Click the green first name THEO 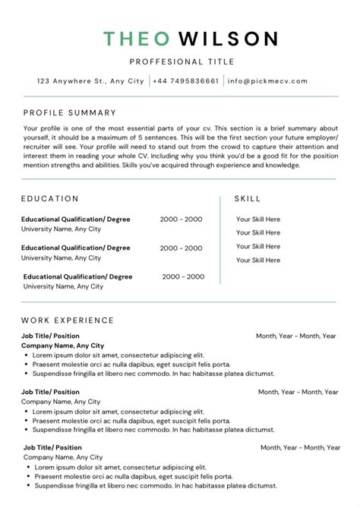pyautogui.click(x=131, y=38)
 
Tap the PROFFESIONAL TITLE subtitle pyautogui.click(x=182, y=62)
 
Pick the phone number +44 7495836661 pyautogui.click(x=187, y=81)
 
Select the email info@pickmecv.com pyautogui.click(x=268, y=81)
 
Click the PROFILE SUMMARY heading pyautogui.click(x=70, y=112)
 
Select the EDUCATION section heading pyautogui.click(x=50, y=199)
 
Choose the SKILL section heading pyautogui.click(x=248, y=199)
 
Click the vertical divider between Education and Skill pyautogui.click(x=220, y=240)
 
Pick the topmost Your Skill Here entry pyautogui.click(x=257, y=219)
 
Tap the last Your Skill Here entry pyautogui.click(x=257, y=260)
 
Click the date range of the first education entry pyautogui.click(x=181, y=219)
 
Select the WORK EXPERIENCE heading pyautogui.click(x=68, y=320)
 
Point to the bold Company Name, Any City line pyautogui.click(x=63, y=346)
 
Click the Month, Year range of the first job pyautogui.click(x=295, y=336)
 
